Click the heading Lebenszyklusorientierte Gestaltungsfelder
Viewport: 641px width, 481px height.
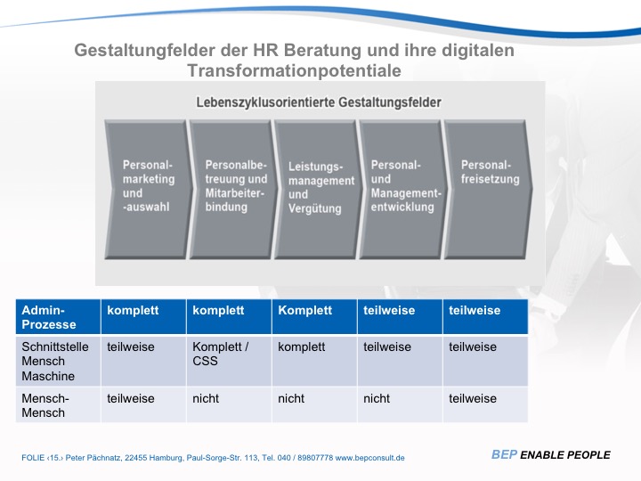(319, 102)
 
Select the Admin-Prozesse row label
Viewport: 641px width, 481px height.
(49, 317)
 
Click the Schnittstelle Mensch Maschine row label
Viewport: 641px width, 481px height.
(54, 362)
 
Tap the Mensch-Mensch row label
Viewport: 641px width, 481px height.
(45, 405)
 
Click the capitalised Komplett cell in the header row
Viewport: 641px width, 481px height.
(304, 310)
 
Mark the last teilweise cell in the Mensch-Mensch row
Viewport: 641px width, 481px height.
(472, 398)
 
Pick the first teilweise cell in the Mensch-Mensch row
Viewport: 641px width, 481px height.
(130, 398)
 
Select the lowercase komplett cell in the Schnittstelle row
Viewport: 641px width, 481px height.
(302, 346)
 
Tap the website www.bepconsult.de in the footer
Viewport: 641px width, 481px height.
(369, 458)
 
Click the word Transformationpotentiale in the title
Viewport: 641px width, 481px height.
(294, 70)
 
